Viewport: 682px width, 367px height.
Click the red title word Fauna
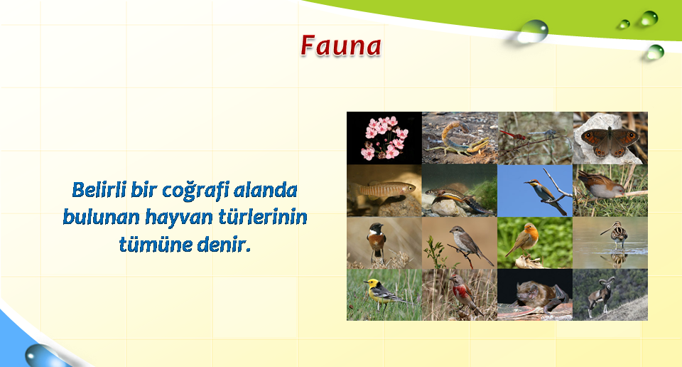pos(341,46)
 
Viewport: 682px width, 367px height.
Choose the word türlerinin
pos(263,216)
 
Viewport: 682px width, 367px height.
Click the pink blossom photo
pos(384,138)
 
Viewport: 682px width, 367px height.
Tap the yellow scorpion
pos(460,139)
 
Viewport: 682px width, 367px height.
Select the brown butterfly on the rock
pos(610,141)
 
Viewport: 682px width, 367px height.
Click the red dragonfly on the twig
pos(513,135)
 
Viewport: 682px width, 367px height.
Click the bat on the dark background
pos(540,295)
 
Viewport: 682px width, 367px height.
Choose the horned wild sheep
pos(600,295)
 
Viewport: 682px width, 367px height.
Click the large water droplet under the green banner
pos(532,31)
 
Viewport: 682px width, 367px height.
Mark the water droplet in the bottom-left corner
pos(41,356)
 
